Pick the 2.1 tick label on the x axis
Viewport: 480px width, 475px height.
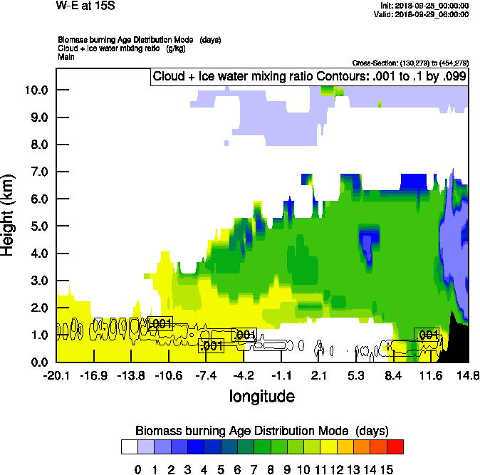click(318, 376)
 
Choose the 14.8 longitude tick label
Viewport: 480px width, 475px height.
click(467, 376)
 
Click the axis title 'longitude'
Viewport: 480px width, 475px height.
click(261, 396)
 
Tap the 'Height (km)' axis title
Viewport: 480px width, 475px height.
click(9, 215)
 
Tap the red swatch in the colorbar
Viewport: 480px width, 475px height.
click(395, 447)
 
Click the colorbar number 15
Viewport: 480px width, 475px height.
click(387, 469)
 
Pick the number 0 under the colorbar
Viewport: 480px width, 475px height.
click(137, 469)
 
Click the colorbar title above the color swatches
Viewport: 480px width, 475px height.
click(261, 431)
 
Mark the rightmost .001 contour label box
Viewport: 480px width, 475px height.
click(427, 335)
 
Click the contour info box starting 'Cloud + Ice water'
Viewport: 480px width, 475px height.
click(309, 77)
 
